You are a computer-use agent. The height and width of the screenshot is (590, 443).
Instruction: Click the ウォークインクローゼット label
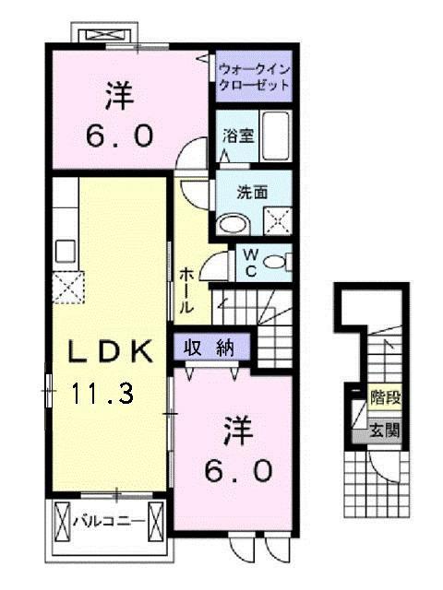[x=254, y=77]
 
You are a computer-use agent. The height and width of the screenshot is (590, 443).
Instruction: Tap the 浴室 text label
[x=238, y=136]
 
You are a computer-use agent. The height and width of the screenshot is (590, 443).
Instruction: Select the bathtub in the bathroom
[x=274, y=136]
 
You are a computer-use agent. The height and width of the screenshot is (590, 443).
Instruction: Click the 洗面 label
[x=252, y=194]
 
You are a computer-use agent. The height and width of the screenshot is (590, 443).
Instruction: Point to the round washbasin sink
[x=234, y=221]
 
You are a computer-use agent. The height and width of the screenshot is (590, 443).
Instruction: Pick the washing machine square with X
[x=278, y=220]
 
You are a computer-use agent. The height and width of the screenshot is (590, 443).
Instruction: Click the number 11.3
[x=102, y=395]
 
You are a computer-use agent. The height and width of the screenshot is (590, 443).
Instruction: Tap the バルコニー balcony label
[x=109, y=522]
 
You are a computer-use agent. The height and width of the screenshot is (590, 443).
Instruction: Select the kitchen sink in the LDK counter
[x=66, y=250]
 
